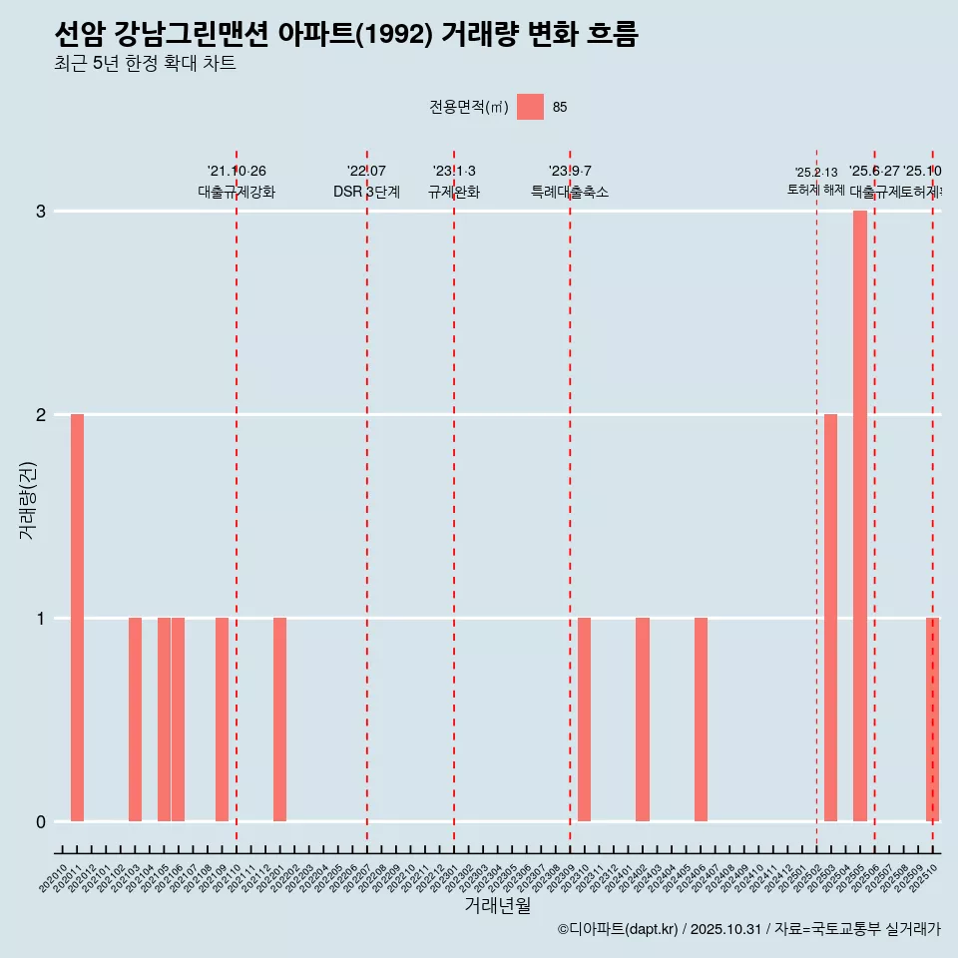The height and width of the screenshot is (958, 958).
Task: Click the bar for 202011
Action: click(x=77, y=618)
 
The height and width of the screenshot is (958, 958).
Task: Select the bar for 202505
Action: click(x=859, y=516)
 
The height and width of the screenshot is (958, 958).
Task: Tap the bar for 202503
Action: click(x=830, y=618)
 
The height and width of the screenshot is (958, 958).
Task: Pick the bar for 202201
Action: click(x=280, y=719)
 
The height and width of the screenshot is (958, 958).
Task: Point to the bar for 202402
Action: click(x=643, y=719)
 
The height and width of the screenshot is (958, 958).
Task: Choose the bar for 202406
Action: click(x=701, y=719)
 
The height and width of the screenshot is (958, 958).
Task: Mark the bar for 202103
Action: click(x=135, y=719)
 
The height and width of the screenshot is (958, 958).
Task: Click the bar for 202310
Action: click(x=585, y=719)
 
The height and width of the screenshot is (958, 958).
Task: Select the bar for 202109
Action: click(x=222, y=719)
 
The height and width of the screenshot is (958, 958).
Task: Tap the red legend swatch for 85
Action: click(x=530, y=107)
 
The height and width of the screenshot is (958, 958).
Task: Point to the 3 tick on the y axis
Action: click(x=41, y=212)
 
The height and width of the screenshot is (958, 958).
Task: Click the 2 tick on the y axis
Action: click(x=41, y=415)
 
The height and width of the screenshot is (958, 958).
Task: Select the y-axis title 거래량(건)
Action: click(x=28, y=500)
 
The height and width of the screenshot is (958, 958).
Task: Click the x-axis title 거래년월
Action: click(x=497, y=905)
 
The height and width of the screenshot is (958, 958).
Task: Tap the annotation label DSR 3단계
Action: click(x=366, y=192)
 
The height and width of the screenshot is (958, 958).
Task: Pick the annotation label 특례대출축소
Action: click(x=570, y=192)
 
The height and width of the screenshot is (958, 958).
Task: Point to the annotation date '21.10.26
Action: click(x=237, y=172)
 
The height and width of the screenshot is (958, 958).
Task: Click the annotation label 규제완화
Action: click(x=454, y=192)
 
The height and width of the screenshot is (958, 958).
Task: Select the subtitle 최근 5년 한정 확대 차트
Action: click(x=146, y=65)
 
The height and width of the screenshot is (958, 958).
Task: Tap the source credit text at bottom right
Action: click(x=748, y=929)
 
